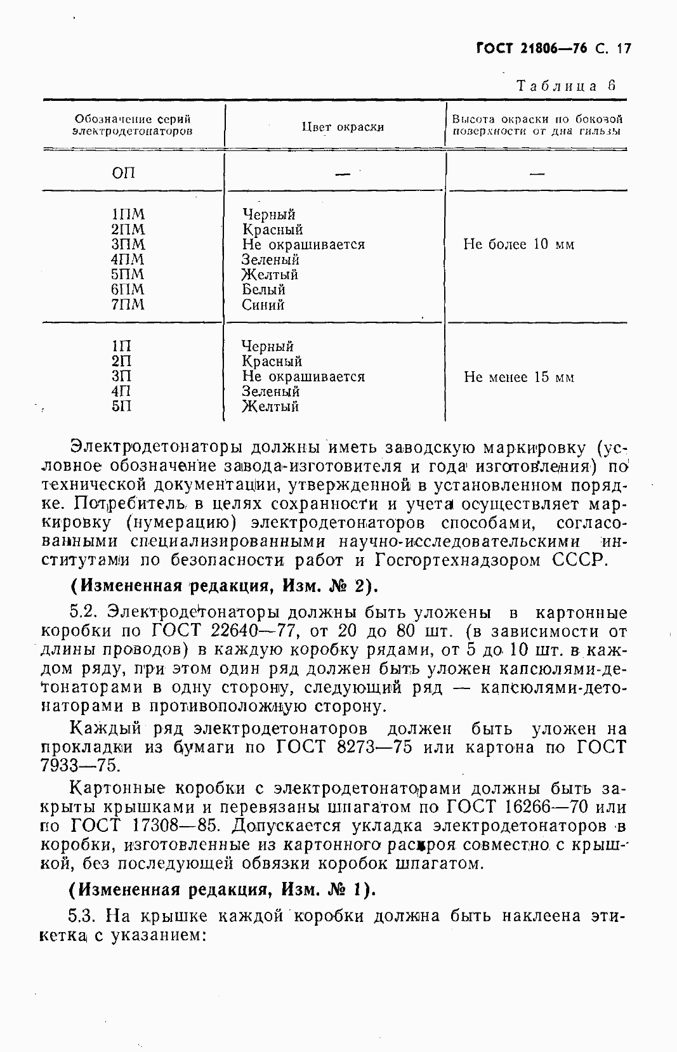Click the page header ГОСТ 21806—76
[532, 48]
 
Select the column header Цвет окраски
[343, 127]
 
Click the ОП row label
[124, 173]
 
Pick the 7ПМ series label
[128, 305]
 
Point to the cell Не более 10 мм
[518, 245]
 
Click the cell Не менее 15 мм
[518, 378]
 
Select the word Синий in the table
[263, 305]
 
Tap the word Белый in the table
[263, 290]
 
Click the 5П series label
[121, 407]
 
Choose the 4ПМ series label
[128, 260]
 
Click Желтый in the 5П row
[270, 407]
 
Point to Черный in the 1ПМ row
[268, 214]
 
